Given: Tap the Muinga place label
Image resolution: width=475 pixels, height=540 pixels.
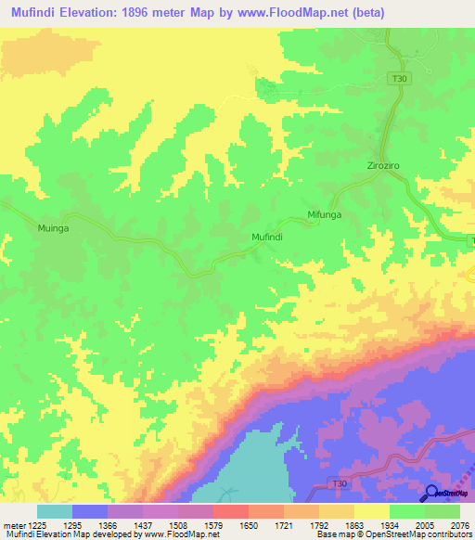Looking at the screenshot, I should coord(53,226).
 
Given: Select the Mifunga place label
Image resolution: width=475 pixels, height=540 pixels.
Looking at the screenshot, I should coord(325,215).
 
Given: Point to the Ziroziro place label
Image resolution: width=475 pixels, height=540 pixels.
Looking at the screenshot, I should coord(382,166).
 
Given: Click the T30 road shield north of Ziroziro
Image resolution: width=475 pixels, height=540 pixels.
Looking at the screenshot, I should coord(398,79).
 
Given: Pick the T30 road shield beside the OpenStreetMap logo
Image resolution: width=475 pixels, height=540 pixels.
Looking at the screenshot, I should coord(341,483).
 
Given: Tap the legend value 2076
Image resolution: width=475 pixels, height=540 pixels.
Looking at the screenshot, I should coord(460,524).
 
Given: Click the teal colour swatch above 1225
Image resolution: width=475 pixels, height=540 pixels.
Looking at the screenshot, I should coord(55,511).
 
